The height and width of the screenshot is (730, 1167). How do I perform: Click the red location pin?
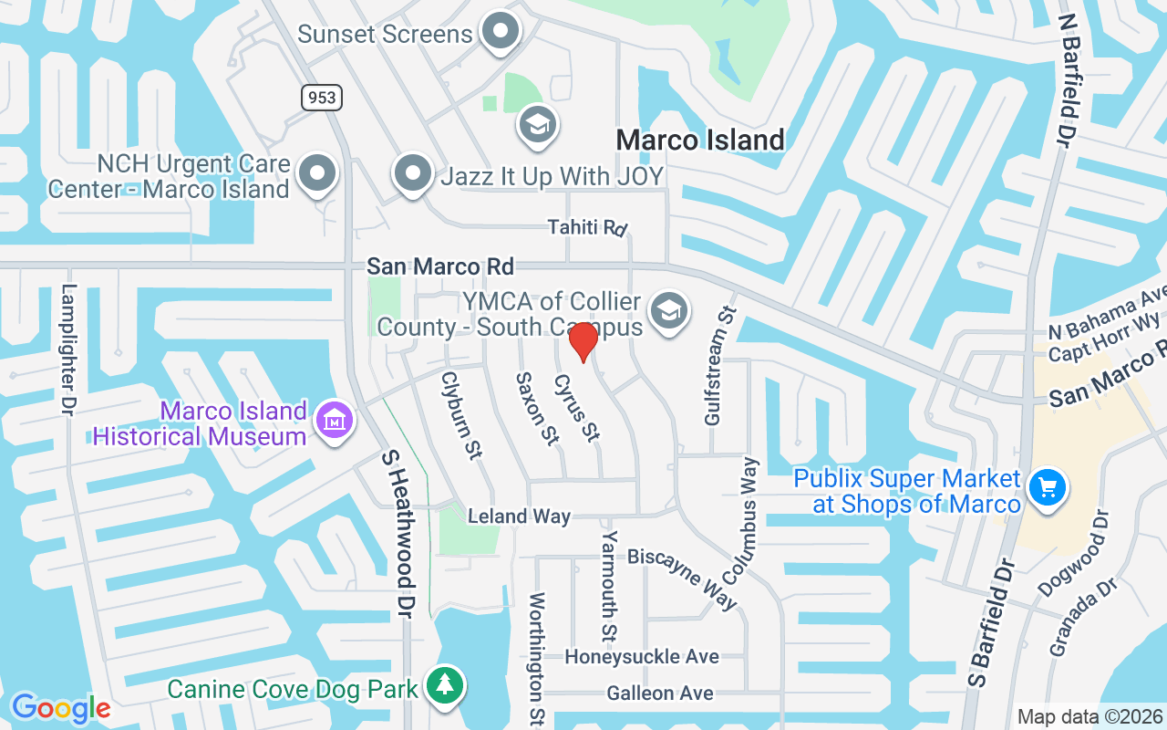tap(583, 342)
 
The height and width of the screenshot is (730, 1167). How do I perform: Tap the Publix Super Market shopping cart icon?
tap(1048, 487)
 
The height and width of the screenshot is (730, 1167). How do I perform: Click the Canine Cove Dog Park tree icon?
tap(445, 684)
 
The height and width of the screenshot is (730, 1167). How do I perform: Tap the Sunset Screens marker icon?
tap(500, 32)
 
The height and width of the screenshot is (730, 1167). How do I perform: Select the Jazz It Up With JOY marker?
tap(413, 172)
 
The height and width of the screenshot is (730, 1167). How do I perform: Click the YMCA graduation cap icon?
tap(670, 312)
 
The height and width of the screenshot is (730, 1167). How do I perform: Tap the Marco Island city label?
tap(700, 140)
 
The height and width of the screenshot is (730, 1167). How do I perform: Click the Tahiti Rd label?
tap(589, 226)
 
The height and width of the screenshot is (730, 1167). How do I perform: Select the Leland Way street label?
tap(519, 516)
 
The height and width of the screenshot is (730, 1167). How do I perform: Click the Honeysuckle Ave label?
tap(642, 657)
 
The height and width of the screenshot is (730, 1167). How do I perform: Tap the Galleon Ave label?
tap(660, 694)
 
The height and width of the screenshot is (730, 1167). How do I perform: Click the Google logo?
tap(61, 708)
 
